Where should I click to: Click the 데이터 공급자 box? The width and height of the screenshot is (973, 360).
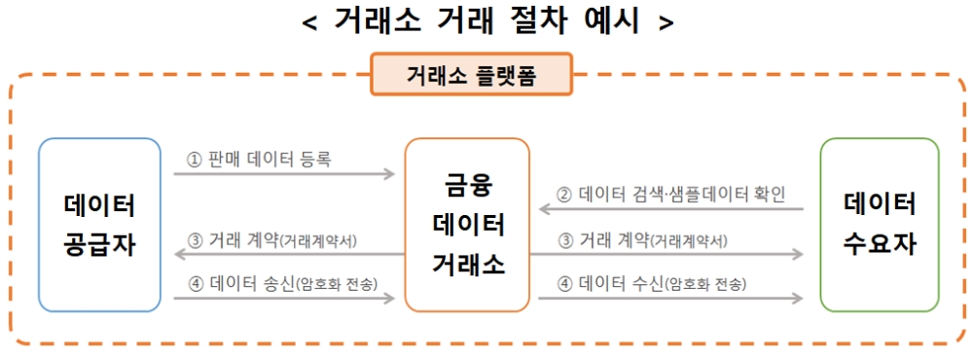[99, 224]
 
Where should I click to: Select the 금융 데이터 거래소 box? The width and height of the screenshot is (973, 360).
[467, 224]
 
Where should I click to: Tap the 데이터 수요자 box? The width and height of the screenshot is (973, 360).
[880, 224]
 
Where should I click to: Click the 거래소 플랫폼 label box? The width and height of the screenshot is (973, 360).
[471, 75]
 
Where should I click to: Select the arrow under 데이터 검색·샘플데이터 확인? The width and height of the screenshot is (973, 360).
[671, 209]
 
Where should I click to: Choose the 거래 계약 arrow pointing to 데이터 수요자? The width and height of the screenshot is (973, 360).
[671, 255]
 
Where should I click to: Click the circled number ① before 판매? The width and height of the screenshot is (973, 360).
[194, 158]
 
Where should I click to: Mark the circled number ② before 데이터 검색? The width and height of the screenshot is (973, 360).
[564, 193]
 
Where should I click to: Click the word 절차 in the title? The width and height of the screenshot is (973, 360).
[529, 21]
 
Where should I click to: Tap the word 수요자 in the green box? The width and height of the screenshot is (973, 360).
[880, 242]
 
